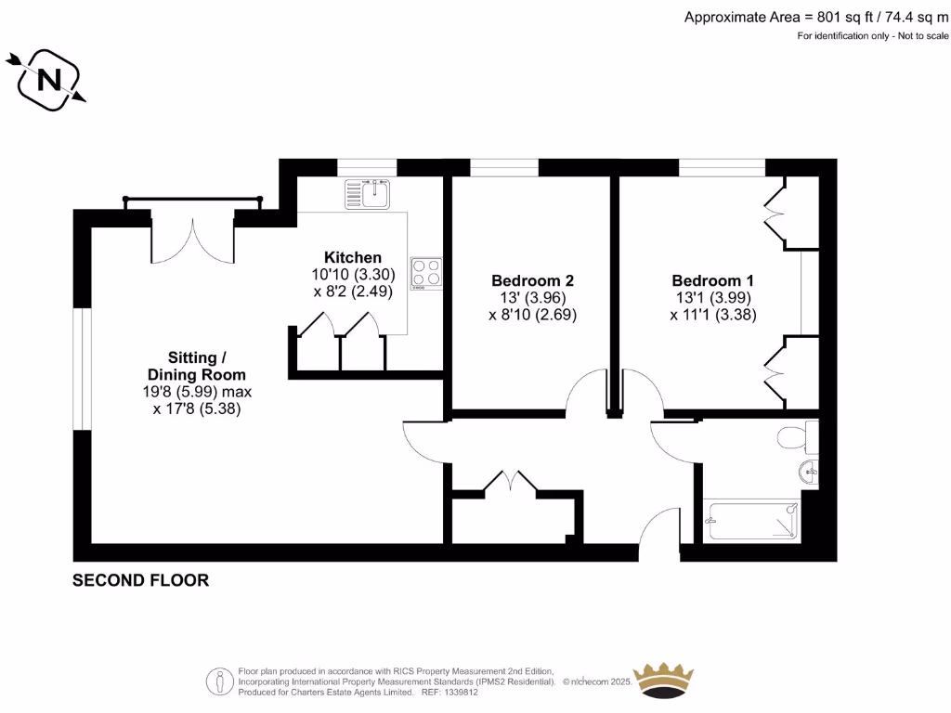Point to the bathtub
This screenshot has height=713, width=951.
tap(752, 521)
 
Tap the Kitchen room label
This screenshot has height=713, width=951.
tap(352, 257)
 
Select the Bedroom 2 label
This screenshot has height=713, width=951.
tap(532, 280)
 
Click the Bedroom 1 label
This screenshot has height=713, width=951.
tap(713, 280)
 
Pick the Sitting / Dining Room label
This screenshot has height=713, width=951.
tap(196, 366)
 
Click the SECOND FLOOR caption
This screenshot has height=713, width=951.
tap(141, 580)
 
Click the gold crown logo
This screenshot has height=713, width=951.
tap(663, 680)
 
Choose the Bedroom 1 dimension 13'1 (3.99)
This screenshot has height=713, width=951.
tap(712, 298)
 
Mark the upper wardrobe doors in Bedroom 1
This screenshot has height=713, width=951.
tap(773, 212)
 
